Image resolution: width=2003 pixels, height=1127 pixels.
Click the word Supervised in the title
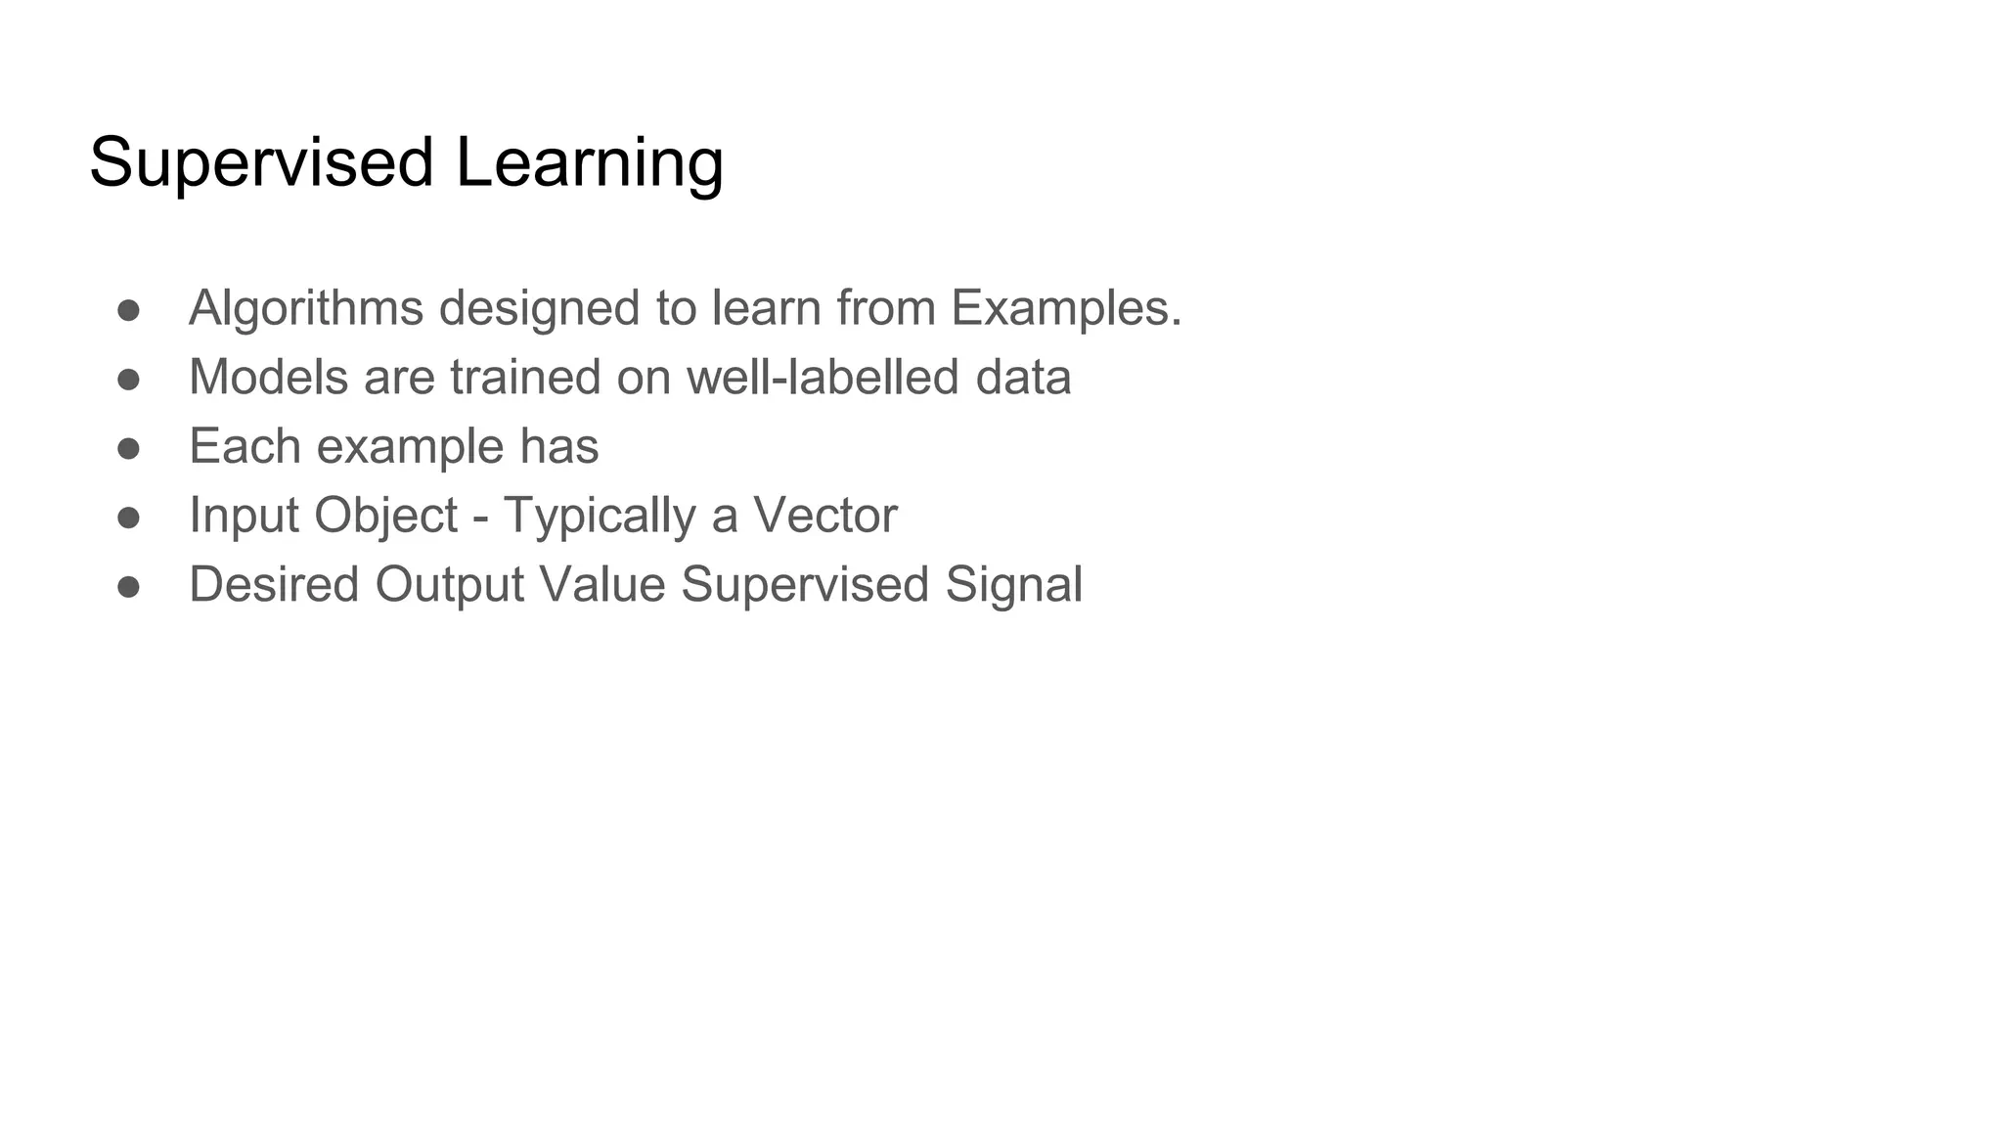click(261, 162)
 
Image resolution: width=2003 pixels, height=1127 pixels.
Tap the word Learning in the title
click(589, 162)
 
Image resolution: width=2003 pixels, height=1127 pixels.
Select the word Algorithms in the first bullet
click(306, 308)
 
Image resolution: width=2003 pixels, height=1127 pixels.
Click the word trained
click(525, 378)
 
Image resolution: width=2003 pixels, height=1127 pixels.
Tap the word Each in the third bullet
click(245, 447)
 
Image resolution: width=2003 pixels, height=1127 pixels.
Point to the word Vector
click(824, 516)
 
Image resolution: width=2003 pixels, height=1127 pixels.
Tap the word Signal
click(1014, 585)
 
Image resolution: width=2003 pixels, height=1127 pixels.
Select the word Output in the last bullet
click(450, 585)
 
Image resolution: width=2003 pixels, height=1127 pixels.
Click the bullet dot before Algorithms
click(128, 310)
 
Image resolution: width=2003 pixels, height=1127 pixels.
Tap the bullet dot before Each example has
click(128, 448)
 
